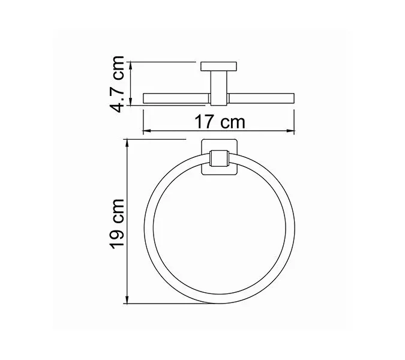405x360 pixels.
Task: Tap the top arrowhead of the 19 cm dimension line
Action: tap(127, 143)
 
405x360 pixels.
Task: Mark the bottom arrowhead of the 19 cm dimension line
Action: tap(127, 302)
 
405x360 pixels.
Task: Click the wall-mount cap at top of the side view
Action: tap(219, 65)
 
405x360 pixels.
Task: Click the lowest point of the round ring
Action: tap(219, 302)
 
